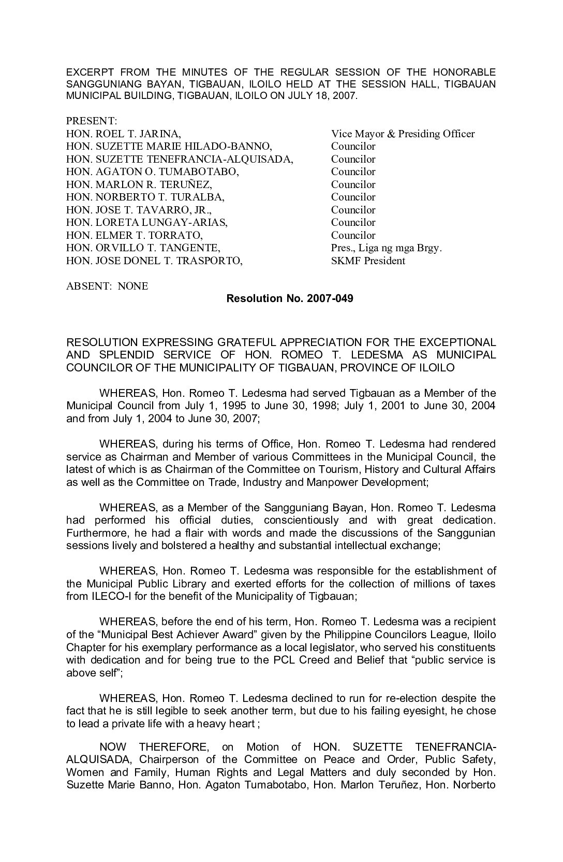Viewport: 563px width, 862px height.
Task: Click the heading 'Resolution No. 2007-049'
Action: pos(290,299)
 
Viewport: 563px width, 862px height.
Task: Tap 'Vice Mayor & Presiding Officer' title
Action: pos(403,134)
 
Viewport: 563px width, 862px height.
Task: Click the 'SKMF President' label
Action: pos(368,261)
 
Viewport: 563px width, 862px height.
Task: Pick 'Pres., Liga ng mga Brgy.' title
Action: pos(387,248)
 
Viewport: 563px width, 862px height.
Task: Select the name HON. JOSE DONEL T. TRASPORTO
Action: pos(154,261)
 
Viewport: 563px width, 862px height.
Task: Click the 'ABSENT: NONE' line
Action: pos(107,286)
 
